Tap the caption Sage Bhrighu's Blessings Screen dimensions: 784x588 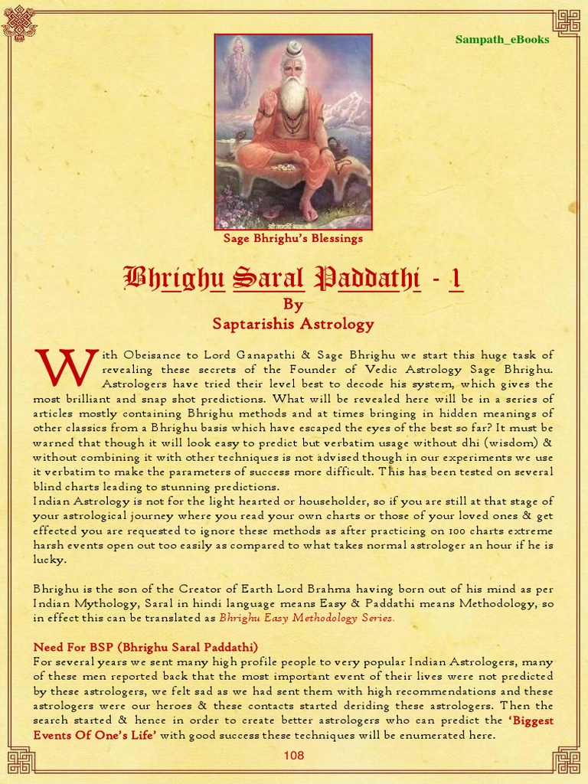point(293,238)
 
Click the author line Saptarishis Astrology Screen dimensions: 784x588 point(293,324)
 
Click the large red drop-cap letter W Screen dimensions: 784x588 point(66,367)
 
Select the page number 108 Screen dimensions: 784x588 point(294,756)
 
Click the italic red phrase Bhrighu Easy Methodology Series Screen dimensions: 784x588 point(307,618)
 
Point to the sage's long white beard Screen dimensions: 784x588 point(293,96)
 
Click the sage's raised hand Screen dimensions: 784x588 point(269,99)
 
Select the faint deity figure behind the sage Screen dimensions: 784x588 point(238,69)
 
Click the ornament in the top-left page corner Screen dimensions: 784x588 point(19,22)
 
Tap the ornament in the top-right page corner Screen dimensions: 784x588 point(567,22)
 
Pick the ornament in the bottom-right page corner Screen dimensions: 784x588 point(567,761)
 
